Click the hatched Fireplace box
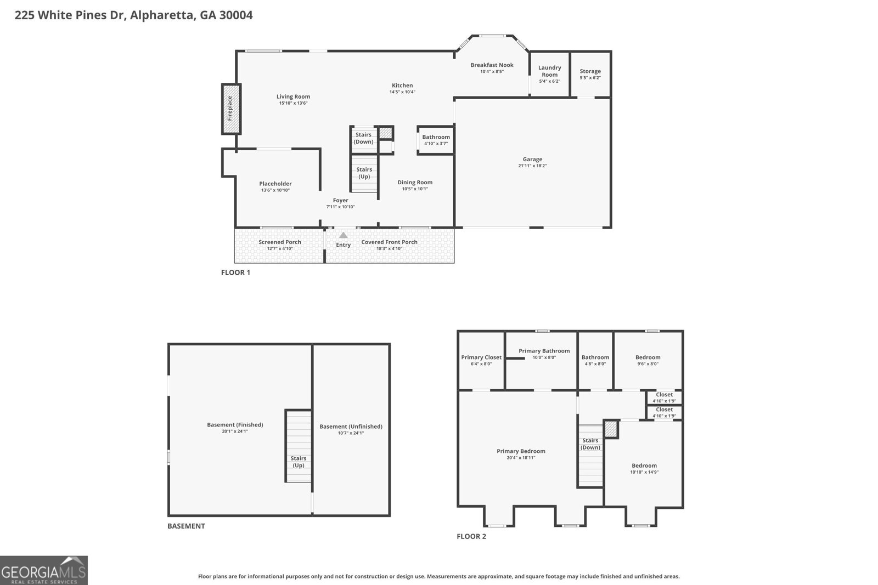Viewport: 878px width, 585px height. coord(231,109)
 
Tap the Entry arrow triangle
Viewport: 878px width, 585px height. coord(344,235)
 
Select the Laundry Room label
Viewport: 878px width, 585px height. coord(549,71)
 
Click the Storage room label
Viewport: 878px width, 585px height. coord(590,71)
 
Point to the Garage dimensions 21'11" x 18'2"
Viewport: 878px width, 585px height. coord(532,166)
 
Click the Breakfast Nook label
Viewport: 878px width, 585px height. coord(492,65)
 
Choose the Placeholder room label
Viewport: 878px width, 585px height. coord(275,184)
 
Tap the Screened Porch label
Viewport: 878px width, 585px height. coord(280,242)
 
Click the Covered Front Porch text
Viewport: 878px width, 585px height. coord(389,242)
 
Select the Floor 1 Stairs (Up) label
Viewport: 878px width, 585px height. coord(364,173)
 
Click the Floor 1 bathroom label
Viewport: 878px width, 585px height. coord(436,137)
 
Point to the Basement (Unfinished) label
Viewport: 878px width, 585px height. coord(351,427)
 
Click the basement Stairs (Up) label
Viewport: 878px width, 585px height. coord(299,462)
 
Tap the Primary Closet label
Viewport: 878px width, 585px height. coord(481,357)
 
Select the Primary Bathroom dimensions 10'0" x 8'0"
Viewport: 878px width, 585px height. coord(544,357)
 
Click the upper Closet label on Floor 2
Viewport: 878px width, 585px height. coord(665,395)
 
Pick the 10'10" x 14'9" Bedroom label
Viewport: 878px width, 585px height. coord(644,465)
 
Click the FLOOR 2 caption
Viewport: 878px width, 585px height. coord(471,536)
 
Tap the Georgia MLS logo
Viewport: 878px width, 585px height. coord(43,571)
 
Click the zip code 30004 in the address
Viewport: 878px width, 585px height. coord(236,15)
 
